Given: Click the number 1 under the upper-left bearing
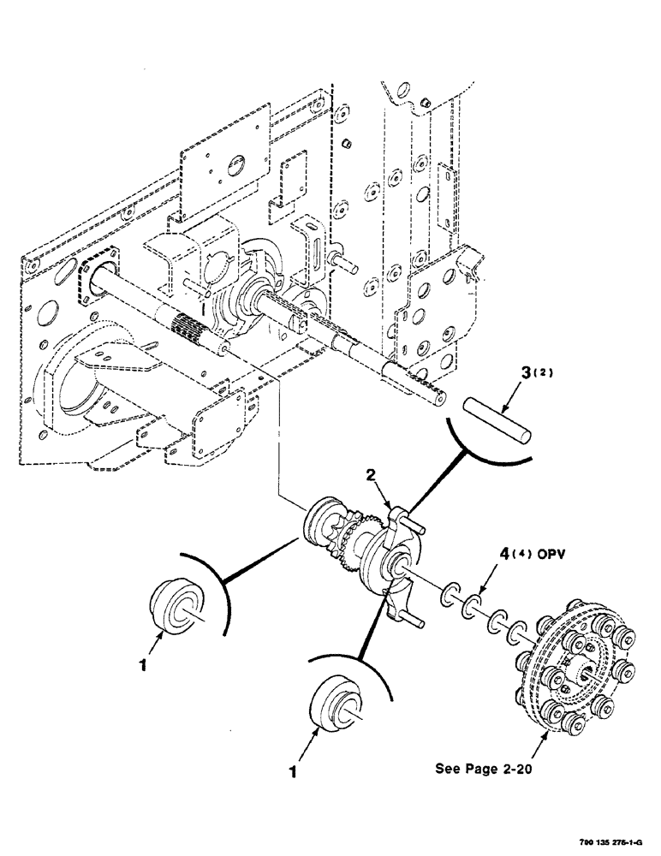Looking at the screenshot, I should tap(145, 663).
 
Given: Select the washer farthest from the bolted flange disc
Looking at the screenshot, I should tap(450, 594).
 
